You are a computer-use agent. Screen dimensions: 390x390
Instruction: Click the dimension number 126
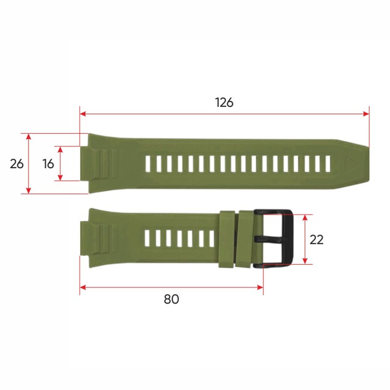(x=224, y=103)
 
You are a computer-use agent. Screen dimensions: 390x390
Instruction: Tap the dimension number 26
(x=17, y=164)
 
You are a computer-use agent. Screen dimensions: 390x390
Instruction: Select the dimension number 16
(x=48, y=164)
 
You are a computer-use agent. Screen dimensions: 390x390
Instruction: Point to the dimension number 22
(x=316, y=240)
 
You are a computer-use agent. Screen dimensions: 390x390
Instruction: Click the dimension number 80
(x=172, y=299)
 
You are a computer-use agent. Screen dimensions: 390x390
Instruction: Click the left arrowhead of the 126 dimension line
(x=83, y=114)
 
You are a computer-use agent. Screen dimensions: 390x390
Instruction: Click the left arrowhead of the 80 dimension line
(x=83, y=287)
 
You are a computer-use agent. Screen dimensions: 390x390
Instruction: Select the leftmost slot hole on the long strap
(x=148, y=164)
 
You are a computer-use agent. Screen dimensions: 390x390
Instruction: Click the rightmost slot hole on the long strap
(x=328, y=164)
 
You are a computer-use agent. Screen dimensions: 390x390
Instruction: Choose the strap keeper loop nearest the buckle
(x=246, y=238)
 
